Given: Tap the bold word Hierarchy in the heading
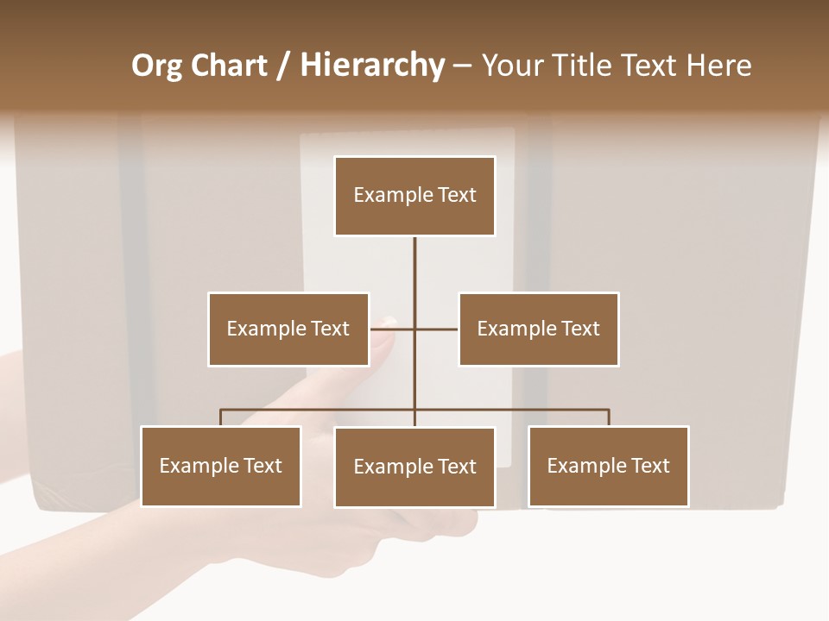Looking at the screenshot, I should point(372,66).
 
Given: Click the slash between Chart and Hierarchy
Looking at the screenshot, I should point(283,66).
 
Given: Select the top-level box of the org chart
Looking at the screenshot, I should point(414,196).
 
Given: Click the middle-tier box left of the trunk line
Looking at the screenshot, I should point(288,329).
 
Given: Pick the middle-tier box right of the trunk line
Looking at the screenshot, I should point(538,329).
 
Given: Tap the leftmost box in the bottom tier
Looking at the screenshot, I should point(220,466).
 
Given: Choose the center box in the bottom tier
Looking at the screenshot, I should point(414,467).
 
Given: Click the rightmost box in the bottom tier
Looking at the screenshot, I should point(608,466).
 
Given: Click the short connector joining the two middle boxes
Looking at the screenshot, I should point(436,329).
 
